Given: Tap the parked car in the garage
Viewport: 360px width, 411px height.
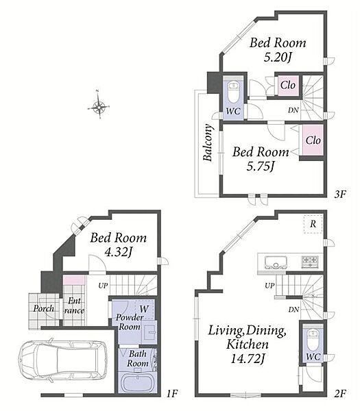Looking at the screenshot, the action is click(x=63, y=360).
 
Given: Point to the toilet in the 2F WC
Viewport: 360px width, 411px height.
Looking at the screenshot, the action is click(x=313, y=340).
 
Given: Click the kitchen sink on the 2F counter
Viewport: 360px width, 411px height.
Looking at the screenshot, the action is click(x=276, y=262).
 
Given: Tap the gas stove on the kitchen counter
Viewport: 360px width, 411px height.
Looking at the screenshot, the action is click(x=310, y=262).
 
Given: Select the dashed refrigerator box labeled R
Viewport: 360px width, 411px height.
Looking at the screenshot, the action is click(x=313, y=224).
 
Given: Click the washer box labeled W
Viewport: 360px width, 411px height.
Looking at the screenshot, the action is click(x=144, y=310).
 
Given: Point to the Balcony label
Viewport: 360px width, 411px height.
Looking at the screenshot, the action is click(x=208, y=143).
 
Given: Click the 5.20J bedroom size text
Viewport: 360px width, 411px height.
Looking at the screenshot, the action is click(x=278, y=57).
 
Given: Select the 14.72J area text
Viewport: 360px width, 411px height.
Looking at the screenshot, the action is click(x=247, y=358).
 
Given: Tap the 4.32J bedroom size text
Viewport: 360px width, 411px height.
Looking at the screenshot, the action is click(x=118, y=252).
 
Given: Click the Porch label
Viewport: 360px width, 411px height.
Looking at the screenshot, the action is click(x=44, y=308).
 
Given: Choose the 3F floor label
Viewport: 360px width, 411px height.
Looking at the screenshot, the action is click(x=340, y=194).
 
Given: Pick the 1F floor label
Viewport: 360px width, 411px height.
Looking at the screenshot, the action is click(x=172, y=393).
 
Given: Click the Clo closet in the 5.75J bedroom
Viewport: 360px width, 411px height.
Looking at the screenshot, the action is click(x=313, y=140).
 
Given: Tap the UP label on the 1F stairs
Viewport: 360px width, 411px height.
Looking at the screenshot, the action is click(x=103, y=286).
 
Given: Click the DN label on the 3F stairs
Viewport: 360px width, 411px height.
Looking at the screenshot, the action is click(x=293, y=110).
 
